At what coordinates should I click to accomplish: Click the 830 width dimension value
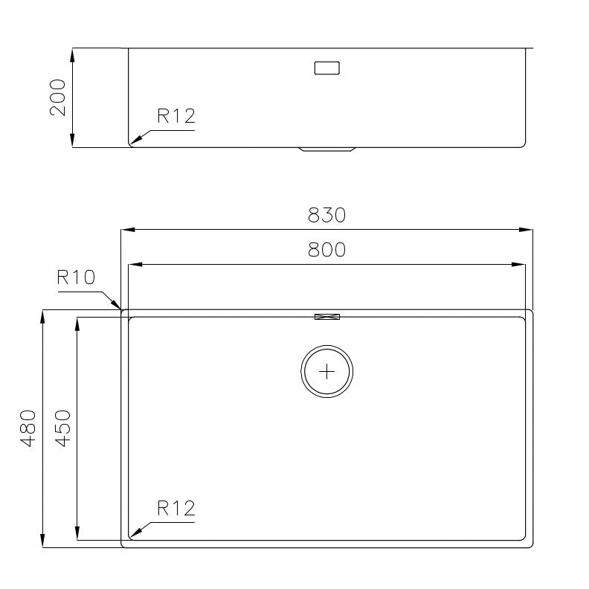(326, 215)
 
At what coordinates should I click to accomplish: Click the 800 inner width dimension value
(326, 250)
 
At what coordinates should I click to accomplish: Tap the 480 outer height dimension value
(28, 428)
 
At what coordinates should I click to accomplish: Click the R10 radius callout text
(76, 277)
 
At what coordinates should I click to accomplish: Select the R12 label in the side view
(176, 116)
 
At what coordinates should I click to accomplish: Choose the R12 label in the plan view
(176, 509)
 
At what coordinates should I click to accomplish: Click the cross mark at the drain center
(327, 371)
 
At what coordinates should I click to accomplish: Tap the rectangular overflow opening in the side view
(327, 68)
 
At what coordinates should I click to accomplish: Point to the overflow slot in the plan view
(327, 317)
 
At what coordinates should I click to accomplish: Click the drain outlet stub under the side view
(327, 149)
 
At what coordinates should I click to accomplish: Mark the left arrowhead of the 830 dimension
(127, 230)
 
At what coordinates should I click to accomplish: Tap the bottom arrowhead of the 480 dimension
(43, 542)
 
